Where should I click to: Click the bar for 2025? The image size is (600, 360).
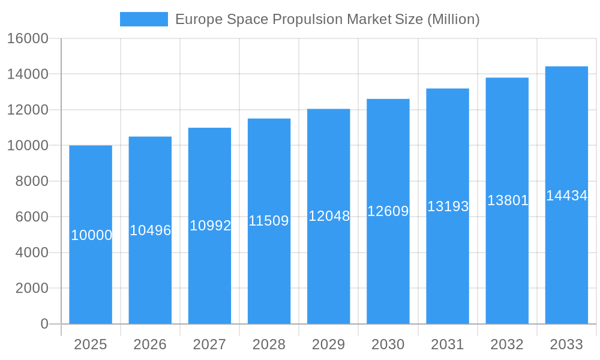tap(91, 270)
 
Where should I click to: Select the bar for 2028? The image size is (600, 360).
tap(269, 270)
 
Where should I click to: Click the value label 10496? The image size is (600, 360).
tap(151, 230)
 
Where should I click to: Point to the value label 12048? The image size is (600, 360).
tap(329, 216)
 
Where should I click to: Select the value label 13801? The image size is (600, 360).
tap(508, 200)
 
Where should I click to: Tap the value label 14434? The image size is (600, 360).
tap(566, 196)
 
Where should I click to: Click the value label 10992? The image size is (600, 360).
tap(210, 226)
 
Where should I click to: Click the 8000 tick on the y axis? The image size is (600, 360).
tap(31, 181)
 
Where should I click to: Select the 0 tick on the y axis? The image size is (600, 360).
tap(44, 324)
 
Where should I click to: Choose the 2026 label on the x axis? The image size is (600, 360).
tap(150, 344)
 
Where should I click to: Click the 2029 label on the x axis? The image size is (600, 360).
tap(328, 344)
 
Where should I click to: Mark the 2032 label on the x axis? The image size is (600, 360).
tap(507, 344)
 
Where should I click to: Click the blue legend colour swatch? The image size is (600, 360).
tap(144, 19)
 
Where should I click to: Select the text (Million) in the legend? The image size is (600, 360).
tap(453, 19)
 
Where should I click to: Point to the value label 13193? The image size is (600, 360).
tap(448, 206)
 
